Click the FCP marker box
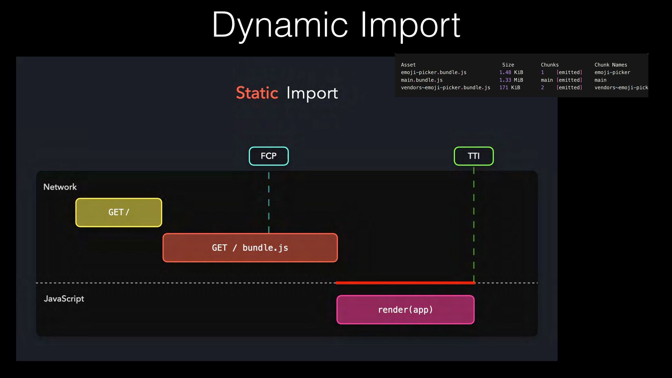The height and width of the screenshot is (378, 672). point(269,156)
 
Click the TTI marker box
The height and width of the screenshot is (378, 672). point(474,156)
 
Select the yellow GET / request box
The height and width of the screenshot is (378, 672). point(119,212)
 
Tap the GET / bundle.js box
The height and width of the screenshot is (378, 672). point(250,248)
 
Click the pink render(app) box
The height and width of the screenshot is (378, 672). point(405,310)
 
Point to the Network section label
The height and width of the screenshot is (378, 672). point(60,187)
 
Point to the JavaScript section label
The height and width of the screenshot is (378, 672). point(64,299)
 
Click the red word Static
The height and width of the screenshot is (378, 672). point(257,93)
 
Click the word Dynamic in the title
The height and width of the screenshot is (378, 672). point(280,25)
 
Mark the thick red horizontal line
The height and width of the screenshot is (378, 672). point(405,283)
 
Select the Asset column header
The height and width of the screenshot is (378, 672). point(408,65)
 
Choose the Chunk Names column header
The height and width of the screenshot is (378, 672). point(611,65)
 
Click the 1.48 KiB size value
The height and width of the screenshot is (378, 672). point(511,72)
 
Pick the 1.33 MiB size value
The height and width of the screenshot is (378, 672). point(511,80)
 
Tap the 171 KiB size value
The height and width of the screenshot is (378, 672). point(510,87)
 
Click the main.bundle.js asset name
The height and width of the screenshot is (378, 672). point(422,80)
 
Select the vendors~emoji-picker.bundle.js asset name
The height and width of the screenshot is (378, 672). point(446,87)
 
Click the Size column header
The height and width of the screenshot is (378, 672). point(508,65)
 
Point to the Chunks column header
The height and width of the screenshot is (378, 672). point(550,65)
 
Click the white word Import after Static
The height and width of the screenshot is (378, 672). point(312,93)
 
